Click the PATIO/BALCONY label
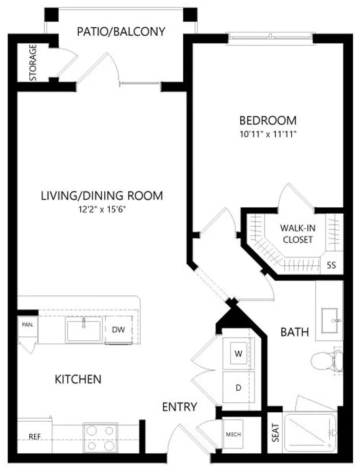tap(121, 31)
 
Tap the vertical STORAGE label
tap(33, 62)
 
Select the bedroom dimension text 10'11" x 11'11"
tap(268, 134)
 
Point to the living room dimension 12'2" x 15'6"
tap(102, 209)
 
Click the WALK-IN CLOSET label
tap(298, 234)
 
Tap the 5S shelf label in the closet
tap(331, 265)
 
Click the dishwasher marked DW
tap(118, 330)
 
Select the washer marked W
tap(239, 353)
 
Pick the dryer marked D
tap(239, 388)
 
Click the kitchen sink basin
tap(84, 331)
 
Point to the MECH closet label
tap(234, 434)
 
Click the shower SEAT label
tap(275, 433)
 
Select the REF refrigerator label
tap(35, 437)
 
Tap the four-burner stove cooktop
tap(100, 438)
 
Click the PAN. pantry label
tap(28, 325)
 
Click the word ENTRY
tap(180, 407)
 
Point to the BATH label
tap(295, 332)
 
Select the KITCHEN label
tap(78, 379)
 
